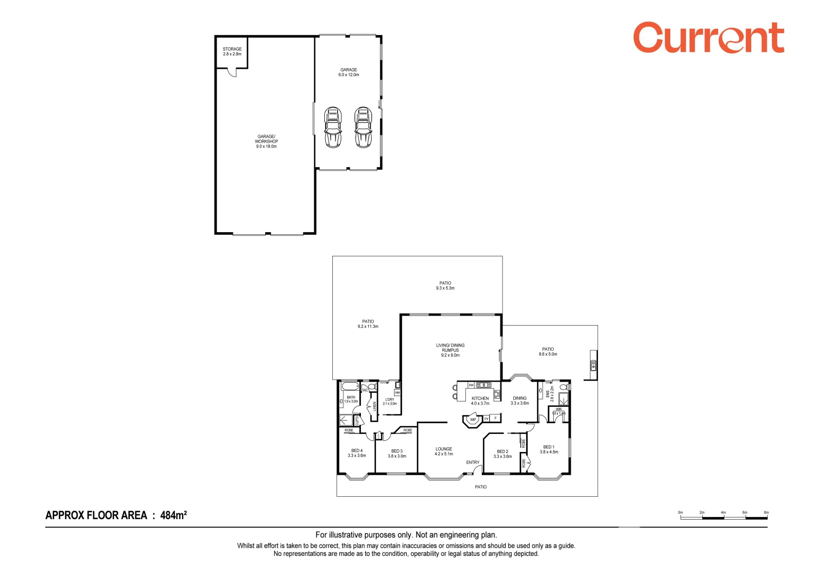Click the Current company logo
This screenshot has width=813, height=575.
click(708, 38)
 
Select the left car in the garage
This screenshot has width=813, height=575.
click(333, 127)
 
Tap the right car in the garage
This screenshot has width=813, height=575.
click(363, 127)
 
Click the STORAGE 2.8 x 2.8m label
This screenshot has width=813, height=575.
click(232, 52)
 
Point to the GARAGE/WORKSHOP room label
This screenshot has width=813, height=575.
click(266, 142)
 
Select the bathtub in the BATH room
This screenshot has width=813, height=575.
click(350, 387)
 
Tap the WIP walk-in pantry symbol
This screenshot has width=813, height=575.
click(472, 420)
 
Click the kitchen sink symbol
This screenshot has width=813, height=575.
click(483, 385)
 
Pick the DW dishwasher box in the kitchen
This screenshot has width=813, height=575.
click(471, 385)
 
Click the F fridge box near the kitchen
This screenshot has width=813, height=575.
click(495, 418)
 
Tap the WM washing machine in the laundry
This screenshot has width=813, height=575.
click(397, 393)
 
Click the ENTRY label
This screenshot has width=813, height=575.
click(472, 462)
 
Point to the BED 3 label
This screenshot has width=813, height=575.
click(397, 454)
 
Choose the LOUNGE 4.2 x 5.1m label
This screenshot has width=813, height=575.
click(444, 451)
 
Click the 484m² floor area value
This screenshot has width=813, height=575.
click(173, 515)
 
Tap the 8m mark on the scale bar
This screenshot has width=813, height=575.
click(766, 513)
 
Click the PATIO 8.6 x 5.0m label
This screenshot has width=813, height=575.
click(548, 352)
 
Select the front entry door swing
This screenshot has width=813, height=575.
click(478, 470)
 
